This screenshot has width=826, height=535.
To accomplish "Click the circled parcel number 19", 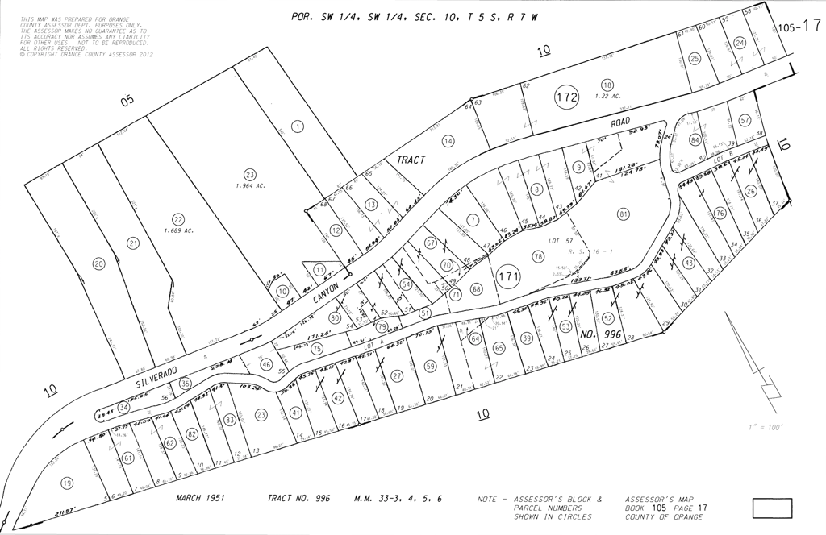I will [67, 483].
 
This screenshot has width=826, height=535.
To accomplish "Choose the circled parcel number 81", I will [623, 214].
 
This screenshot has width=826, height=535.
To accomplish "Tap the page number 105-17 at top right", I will [800, 26].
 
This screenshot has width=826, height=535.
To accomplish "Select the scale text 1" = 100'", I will [766, 427].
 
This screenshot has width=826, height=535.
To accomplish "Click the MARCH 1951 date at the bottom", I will [201, 498].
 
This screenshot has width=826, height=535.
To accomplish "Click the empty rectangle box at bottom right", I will [772, 508].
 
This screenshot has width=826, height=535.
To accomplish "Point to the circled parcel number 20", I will [99, 263].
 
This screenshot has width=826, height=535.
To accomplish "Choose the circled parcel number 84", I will [695, 139].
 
